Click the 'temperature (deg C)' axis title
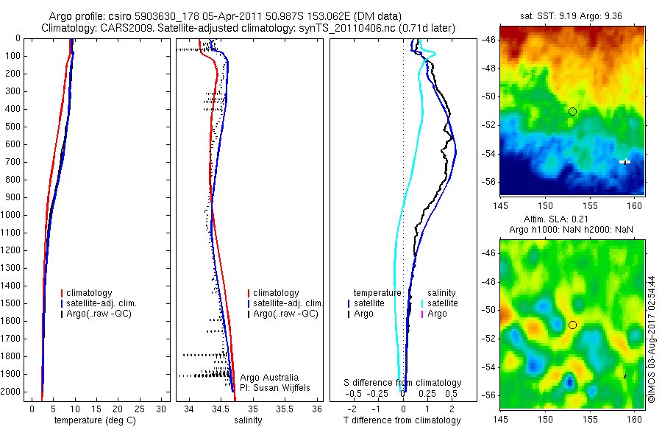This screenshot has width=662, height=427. tap(93, 420)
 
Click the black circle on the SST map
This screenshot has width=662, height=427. tap(572, 111)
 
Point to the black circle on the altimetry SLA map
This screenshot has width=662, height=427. tap(572, 325)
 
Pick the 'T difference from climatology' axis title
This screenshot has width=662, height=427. tap(403, 420)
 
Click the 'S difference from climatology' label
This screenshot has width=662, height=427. tap(403, 383)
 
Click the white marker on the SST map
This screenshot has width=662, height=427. tap(624, 161)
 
